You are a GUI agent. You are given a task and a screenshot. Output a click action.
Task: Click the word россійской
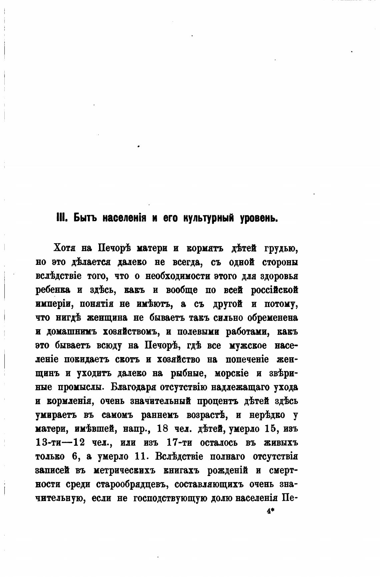[274, 290]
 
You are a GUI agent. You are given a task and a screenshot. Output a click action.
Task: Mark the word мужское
[248, 346]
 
